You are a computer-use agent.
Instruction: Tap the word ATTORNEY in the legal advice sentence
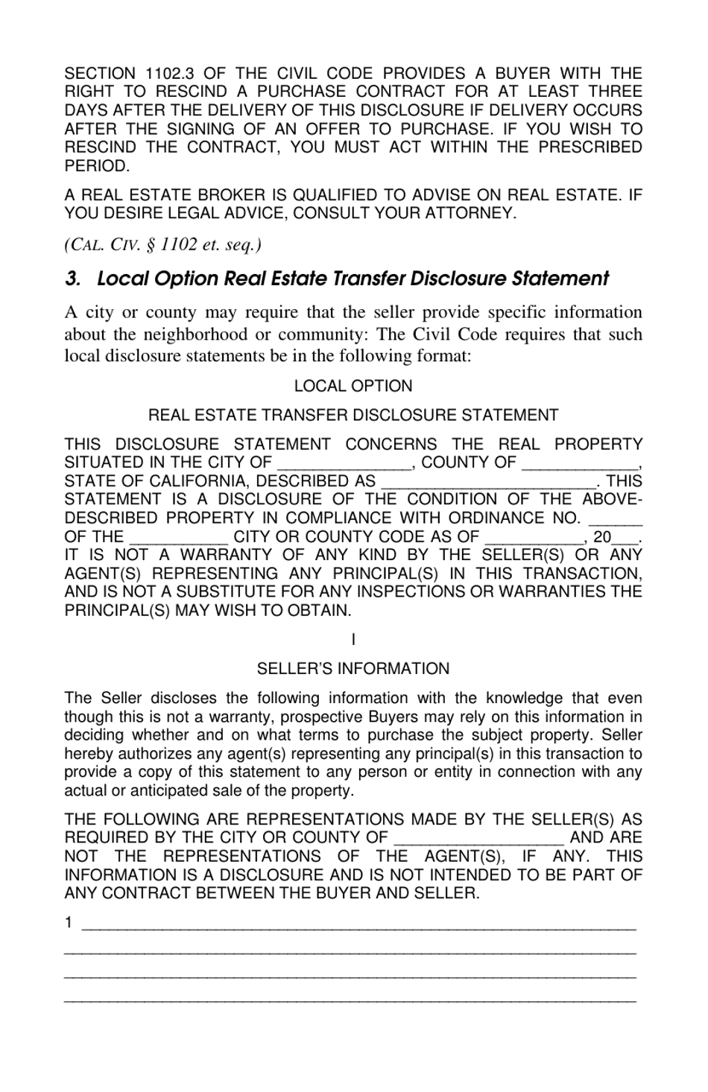click(470, 214)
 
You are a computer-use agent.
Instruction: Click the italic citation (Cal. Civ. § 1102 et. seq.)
click(162, 244)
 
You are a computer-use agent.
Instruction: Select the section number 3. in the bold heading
click(72, 279)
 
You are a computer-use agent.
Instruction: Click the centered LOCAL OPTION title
click(353, 386)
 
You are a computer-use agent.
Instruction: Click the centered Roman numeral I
click(353, 639)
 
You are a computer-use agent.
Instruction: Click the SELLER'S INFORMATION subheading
click(353, 669)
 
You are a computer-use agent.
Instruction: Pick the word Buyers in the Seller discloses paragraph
click(393, 717)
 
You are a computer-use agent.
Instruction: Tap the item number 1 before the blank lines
click(69, 924)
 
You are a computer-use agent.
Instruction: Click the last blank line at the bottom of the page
click(350, 1000)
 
